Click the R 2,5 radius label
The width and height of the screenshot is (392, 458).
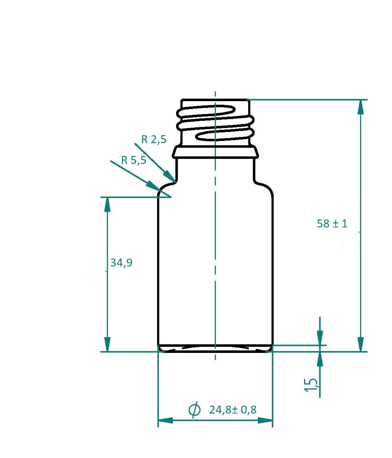(x=154, y=139)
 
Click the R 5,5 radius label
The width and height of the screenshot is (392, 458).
(x=134, y=160)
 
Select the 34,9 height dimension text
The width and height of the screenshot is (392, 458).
(x=121, y=263)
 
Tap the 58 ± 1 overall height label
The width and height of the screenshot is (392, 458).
(x=332, y=223)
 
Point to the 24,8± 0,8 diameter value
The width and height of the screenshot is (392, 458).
(x=233, y=409)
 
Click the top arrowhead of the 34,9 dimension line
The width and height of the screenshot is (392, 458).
(x=107, y=204)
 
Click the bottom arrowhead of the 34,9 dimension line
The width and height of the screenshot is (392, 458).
(x=107, y=344)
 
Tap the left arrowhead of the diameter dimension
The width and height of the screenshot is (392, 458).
(x=165, y=420)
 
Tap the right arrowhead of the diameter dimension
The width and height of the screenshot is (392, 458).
(x=265, y=420)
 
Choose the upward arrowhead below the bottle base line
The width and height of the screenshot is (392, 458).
(x=320, y=359)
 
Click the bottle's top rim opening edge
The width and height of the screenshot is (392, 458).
(x=215, y=100)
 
